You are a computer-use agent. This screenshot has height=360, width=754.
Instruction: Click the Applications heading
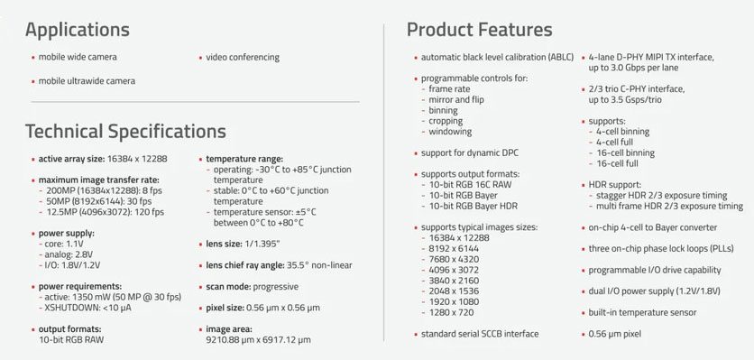(78, 30)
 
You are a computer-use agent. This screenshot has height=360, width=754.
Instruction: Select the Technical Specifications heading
(125, 132)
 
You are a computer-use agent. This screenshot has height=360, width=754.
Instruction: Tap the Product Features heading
(480, 30)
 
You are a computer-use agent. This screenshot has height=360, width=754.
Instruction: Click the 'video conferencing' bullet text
(243, 57)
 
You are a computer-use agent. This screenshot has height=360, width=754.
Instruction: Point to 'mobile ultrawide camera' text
(87, 81)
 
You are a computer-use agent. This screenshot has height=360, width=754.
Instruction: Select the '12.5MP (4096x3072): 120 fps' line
(106, 212)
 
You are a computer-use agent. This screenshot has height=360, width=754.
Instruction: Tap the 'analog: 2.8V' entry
(69, 254)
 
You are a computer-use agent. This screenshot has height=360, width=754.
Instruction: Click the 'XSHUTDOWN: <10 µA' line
(87, 308)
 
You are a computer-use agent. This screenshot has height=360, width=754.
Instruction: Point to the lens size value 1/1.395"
(262, 244)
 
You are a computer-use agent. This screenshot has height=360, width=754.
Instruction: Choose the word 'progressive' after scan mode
(276, 287)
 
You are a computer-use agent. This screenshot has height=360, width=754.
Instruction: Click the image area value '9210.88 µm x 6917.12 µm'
(258, 340)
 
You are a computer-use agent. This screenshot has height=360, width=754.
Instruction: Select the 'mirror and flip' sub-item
(456, 99)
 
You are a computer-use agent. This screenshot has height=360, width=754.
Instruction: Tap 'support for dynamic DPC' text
(470, 153)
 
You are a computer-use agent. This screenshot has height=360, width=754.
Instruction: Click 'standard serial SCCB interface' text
(480, 334)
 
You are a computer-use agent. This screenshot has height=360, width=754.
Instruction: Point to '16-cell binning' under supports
(626, 153)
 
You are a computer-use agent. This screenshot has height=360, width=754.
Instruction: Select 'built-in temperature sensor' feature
(642, 313)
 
